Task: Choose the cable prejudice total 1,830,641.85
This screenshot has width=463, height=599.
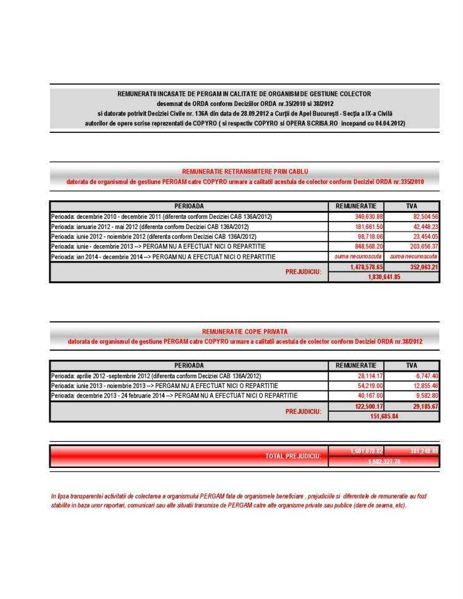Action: pyautogui.click(x=384, y=277)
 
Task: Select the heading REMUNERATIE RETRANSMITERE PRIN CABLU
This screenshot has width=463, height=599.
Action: pyautogui.click(x=245, y=171)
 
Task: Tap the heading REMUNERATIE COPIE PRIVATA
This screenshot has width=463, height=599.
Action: pyautogui.click(x=245, y=331)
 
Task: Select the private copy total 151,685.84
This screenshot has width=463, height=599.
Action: pyautogui.click(x=384, y=416)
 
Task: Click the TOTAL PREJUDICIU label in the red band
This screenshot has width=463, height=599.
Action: pyautogui.click(x=293, y=457)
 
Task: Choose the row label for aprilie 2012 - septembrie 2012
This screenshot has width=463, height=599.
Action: pyautogui.click(x=156, y=376)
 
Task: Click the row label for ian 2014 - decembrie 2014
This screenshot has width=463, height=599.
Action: pyautogui.click(x=163, y=256)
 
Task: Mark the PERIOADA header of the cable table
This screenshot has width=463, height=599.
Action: pyautogui.click(x=189, y=206)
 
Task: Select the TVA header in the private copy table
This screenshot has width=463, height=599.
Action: pyautogui.click(x=412, y=366)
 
